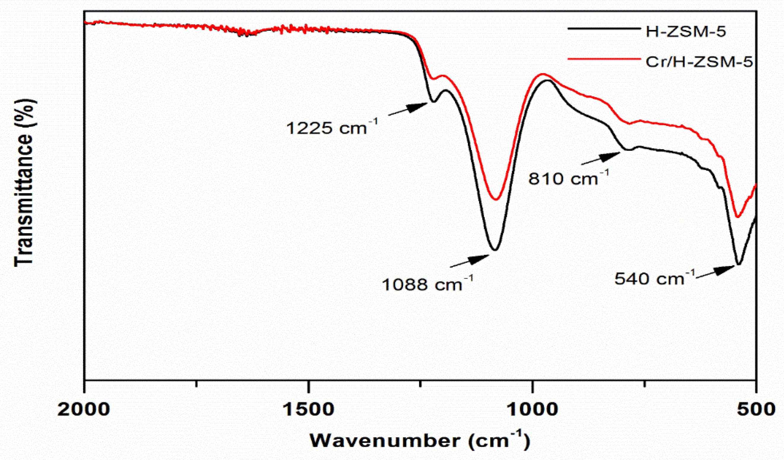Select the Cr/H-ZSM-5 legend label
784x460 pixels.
point(699,62)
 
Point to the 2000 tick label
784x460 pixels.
point(84,410)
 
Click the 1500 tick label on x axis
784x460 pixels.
point(308,410)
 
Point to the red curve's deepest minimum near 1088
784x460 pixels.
point(496,200)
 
